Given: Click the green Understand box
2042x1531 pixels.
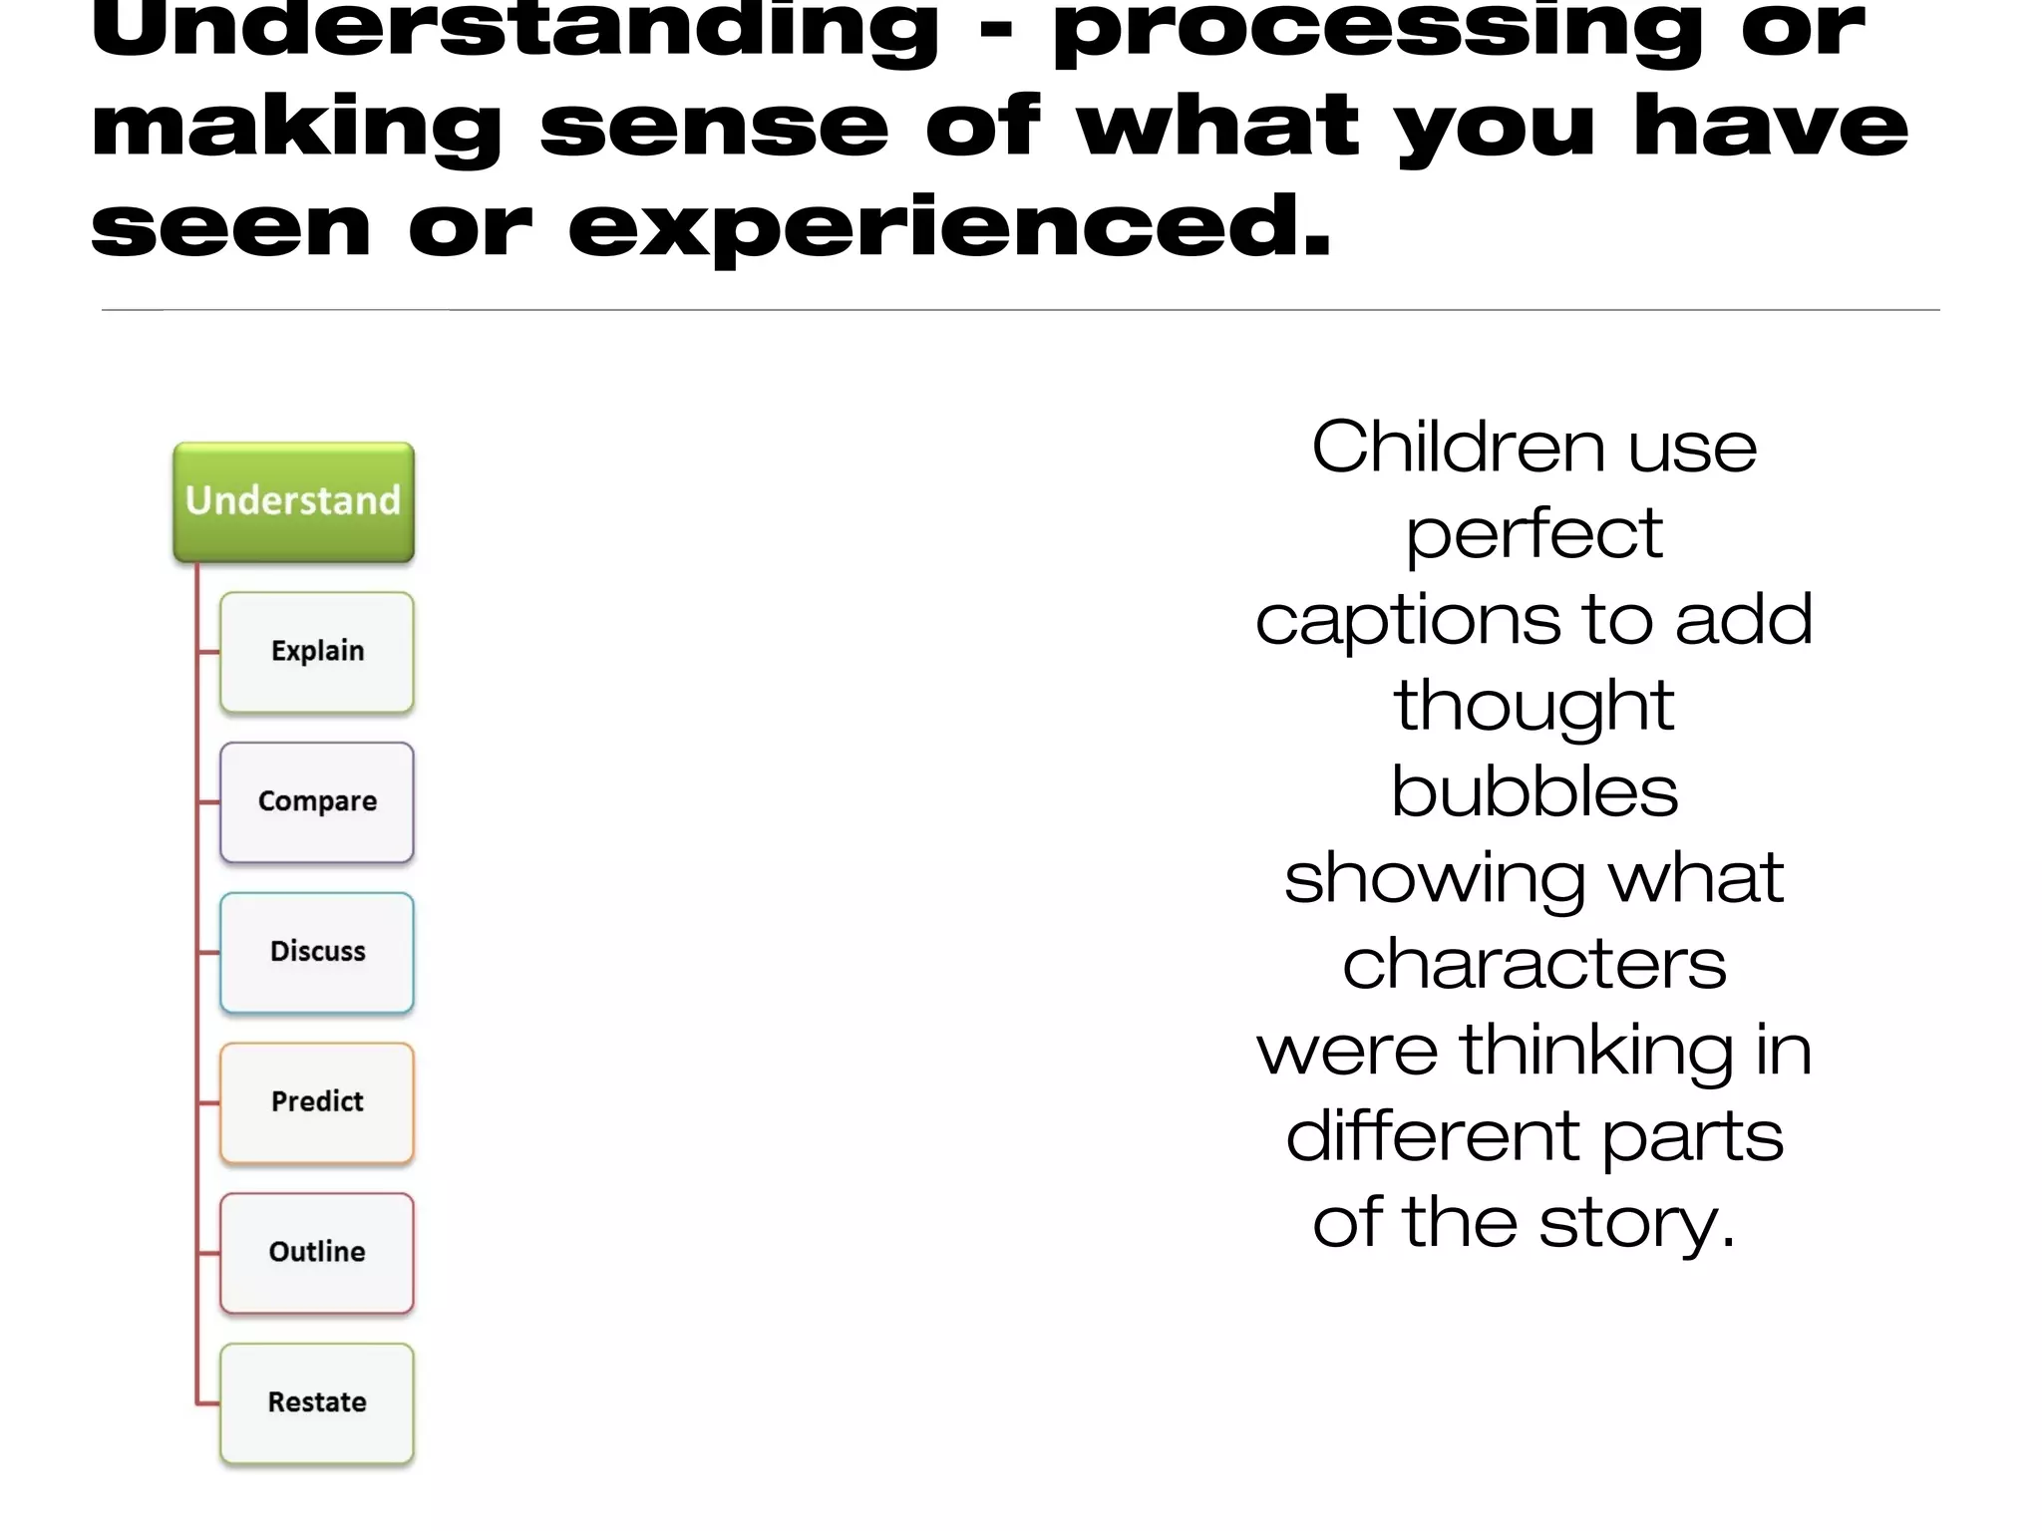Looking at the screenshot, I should [293, 501].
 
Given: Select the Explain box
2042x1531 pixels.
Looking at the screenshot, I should [317, 652].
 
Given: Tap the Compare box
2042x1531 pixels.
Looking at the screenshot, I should [317, 802].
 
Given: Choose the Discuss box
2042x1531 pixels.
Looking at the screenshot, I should [317, 952].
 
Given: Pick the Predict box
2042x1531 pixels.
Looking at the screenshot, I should [317, 1102].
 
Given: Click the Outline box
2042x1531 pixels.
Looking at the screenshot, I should [317, 1253].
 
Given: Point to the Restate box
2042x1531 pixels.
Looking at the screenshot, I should [317, 1403].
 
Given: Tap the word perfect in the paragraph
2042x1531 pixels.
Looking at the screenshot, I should [1533, 534].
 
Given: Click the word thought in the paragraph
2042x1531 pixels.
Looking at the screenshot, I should [1533, 707].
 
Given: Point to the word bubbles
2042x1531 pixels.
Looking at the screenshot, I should [1533, 792].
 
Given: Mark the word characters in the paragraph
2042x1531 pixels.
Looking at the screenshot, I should [1533, 965].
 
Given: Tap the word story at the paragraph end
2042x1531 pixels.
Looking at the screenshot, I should [1635, 1224].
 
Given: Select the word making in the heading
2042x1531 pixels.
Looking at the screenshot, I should [296, 130].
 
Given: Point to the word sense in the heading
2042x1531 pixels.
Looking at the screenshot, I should [714, 130].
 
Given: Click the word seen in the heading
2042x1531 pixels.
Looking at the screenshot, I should [231, 229].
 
